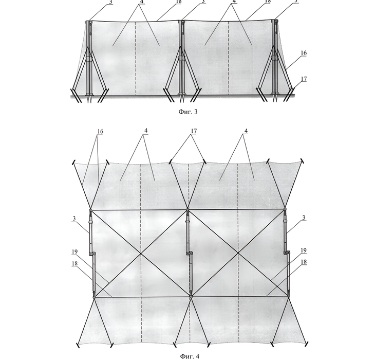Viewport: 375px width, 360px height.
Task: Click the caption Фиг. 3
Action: tap(188, 112)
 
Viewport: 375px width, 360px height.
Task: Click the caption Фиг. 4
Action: tap(190, 356)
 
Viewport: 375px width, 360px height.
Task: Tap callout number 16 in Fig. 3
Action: tap(304, 52)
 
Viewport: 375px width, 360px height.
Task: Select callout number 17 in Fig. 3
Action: tap(304, 79)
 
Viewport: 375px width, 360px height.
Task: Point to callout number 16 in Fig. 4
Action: tap(100, 132)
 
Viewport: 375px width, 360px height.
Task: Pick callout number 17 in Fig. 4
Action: tap(194, 131)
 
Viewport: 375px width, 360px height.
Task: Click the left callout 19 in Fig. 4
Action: tap(74, 252)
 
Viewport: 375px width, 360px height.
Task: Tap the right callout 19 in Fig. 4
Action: tap(304, 250)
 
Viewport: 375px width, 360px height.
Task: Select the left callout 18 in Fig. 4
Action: tap(74, 263)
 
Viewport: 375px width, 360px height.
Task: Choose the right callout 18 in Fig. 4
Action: tap(304, 262)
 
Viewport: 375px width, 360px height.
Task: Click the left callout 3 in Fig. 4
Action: tap(74, 219)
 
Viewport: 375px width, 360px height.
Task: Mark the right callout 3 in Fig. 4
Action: tap(304, 218)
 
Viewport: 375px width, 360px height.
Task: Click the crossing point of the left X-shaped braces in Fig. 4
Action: tap(141, 253)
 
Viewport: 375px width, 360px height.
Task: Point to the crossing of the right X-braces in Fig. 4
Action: tap(238, 253)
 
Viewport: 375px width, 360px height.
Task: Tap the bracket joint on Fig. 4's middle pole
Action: tap(190, 253)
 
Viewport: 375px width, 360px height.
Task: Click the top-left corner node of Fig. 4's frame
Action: tap(90, 210)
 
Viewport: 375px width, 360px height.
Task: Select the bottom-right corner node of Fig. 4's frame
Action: tap(289, 296)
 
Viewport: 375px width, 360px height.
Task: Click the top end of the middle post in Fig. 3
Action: tap(182, 22)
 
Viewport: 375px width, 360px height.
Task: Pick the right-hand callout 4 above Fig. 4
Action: tap(246, 131)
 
